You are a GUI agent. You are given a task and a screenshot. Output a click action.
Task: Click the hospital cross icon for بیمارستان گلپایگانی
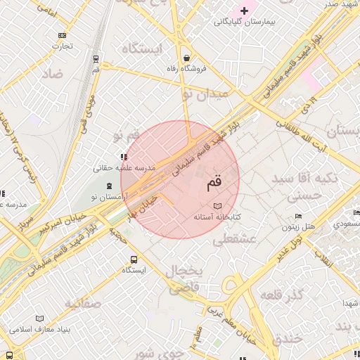[x=245, y=11]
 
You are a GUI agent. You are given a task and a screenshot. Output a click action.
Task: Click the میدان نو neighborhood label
[x=205, y=93]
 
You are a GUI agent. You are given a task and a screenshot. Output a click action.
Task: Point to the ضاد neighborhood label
[x=52, y=73]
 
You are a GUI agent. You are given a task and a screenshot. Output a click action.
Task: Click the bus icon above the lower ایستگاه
[x=134, y=258]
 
